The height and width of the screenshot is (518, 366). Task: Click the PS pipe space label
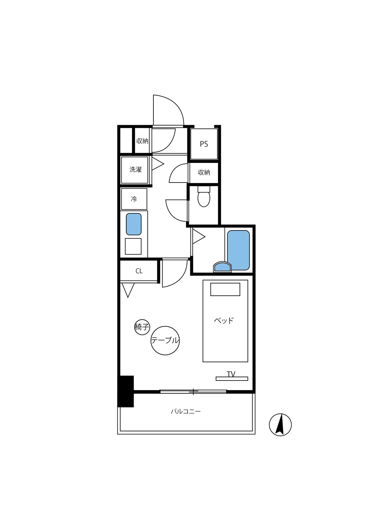point(204,144)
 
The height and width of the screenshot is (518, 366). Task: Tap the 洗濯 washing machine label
point(135,169)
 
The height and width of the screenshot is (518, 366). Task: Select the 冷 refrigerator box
point(134,199)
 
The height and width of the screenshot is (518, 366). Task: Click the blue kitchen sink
point(134,224)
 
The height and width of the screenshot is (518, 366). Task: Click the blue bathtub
point(238,250)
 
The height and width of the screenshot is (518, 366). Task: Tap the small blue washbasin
point(222,267)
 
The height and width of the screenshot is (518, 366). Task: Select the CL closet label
point(139,271)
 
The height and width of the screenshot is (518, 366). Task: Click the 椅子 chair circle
point(142,327)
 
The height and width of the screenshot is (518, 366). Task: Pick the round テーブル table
point(165,340)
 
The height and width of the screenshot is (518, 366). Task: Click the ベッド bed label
point(224,321)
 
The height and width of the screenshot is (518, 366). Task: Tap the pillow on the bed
point(225,289)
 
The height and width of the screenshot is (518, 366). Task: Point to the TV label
point(231,374)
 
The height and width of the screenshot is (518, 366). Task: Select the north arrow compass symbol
point(280,425)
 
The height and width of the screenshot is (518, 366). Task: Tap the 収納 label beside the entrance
point(142,141)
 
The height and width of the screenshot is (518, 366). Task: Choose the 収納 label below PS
point(204,172)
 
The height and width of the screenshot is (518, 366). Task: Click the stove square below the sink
point(133,246)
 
